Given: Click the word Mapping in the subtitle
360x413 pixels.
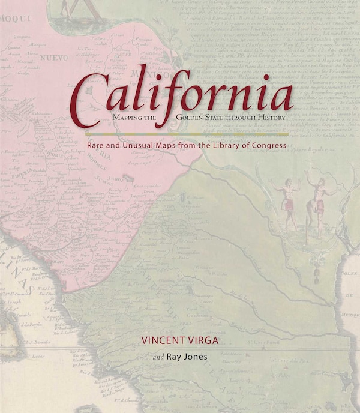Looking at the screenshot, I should tap(127, 118).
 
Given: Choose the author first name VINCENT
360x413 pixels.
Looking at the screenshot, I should tap(164, 339).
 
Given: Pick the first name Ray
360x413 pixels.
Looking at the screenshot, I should tap(174, 357).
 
